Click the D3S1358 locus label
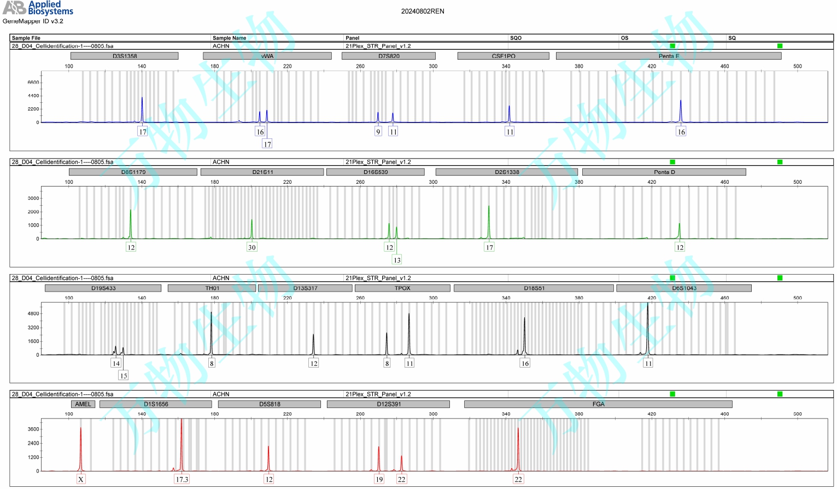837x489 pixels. pyautogui.click(x=125, y=56)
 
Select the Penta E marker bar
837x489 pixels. pyautogui.click(x=668, y=56)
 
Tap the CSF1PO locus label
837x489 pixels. pyautogui.click(x=503, y=56)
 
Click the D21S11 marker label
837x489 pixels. pyautogui.click(x=262, y=172)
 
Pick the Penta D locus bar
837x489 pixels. pyautogui.click(x=664, y=172)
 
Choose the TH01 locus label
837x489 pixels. pyautogui.click(x=212, y=288)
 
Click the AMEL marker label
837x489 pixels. pyautogui.click(x=83, y=404)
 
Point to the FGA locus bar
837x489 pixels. pyautogui.click(x=598, y=404)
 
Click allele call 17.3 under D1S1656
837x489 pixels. pyautogui.click(x=182, y=479)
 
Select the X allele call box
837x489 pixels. pyautogui.click(x=81, y=479)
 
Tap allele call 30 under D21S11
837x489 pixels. pyautogui.click(x=251, y=247)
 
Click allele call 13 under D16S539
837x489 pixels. pyautogui.click(x=397, y=260)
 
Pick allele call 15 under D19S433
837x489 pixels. pyautogui.click(x=124, y=376)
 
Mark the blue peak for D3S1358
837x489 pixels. pyautogui.click(x=142, y=104)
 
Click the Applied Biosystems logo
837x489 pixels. pyautogui.click(x=38, y=8)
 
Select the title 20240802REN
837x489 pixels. pyautogui.click(x=423, y=11)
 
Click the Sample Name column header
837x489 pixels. pyautogui.click(x=229, y=38)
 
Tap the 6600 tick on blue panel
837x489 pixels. pyautogui.click(x=33, y=83)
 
